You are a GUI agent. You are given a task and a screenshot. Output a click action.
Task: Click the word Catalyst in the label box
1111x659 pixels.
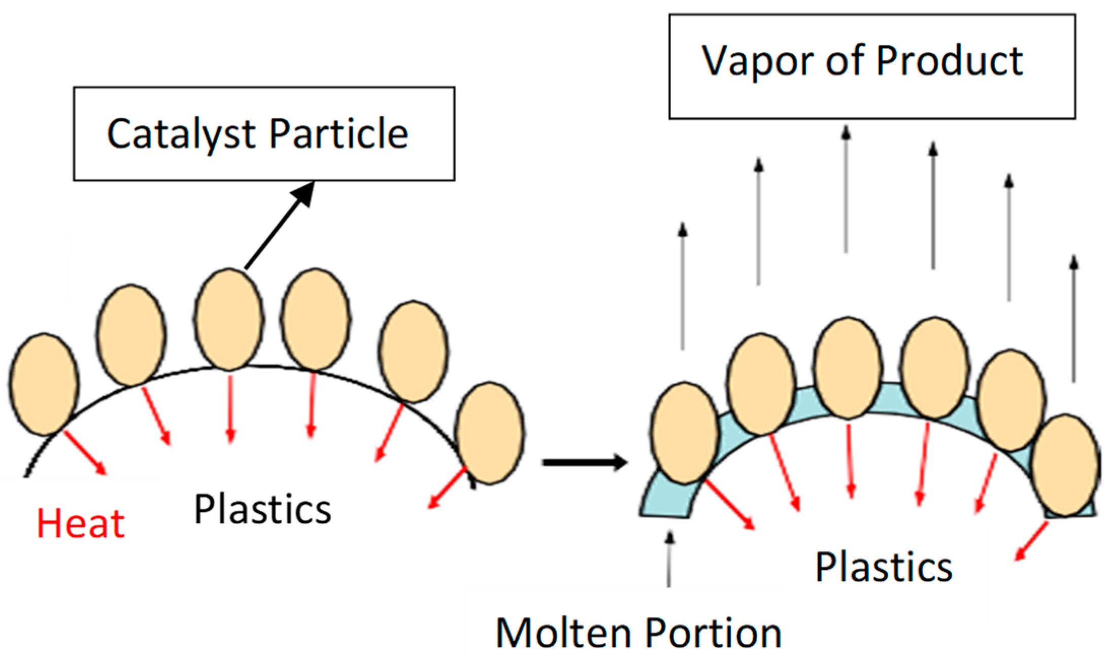(182, 134)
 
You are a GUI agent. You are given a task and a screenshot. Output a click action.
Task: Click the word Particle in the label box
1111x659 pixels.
(339, 134)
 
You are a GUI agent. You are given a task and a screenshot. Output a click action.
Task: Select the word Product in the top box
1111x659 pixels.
(949, 61)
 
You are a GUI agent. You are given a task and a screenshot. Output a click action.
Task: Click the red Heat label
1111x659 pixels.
(81, 524)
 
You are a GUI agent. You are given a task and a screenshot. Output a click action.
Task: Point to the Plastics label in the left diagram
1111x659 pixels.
(262, 509)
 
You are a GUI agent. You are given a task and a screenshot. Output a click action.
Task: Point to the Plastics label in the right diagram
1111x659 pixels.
(884, 567)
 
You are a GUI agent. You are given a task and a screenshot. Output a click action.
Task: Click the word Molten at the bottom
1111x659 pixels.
(564, 633)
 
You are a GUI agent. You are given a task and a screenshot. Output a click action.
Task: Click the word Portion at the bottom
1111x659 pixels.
(713, 633)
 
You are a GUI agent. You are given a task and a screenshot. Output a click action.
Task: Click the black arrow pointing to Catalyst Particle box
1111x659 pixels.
(279, 226)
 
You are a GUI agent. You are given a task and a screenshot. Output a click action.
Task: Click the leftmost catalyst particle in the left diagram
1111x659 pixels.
(44, 385)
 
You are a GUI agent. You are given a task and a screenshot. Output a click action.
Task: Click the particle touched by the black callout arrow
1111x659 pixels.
(229, 319)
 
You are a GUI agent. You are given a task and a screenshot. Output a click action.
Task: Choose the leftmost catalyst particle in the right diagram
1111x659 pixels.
(685, 433)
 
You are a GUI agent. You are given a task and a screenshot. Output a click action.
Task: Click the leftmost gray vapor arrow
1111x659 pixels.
(683, 287)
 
